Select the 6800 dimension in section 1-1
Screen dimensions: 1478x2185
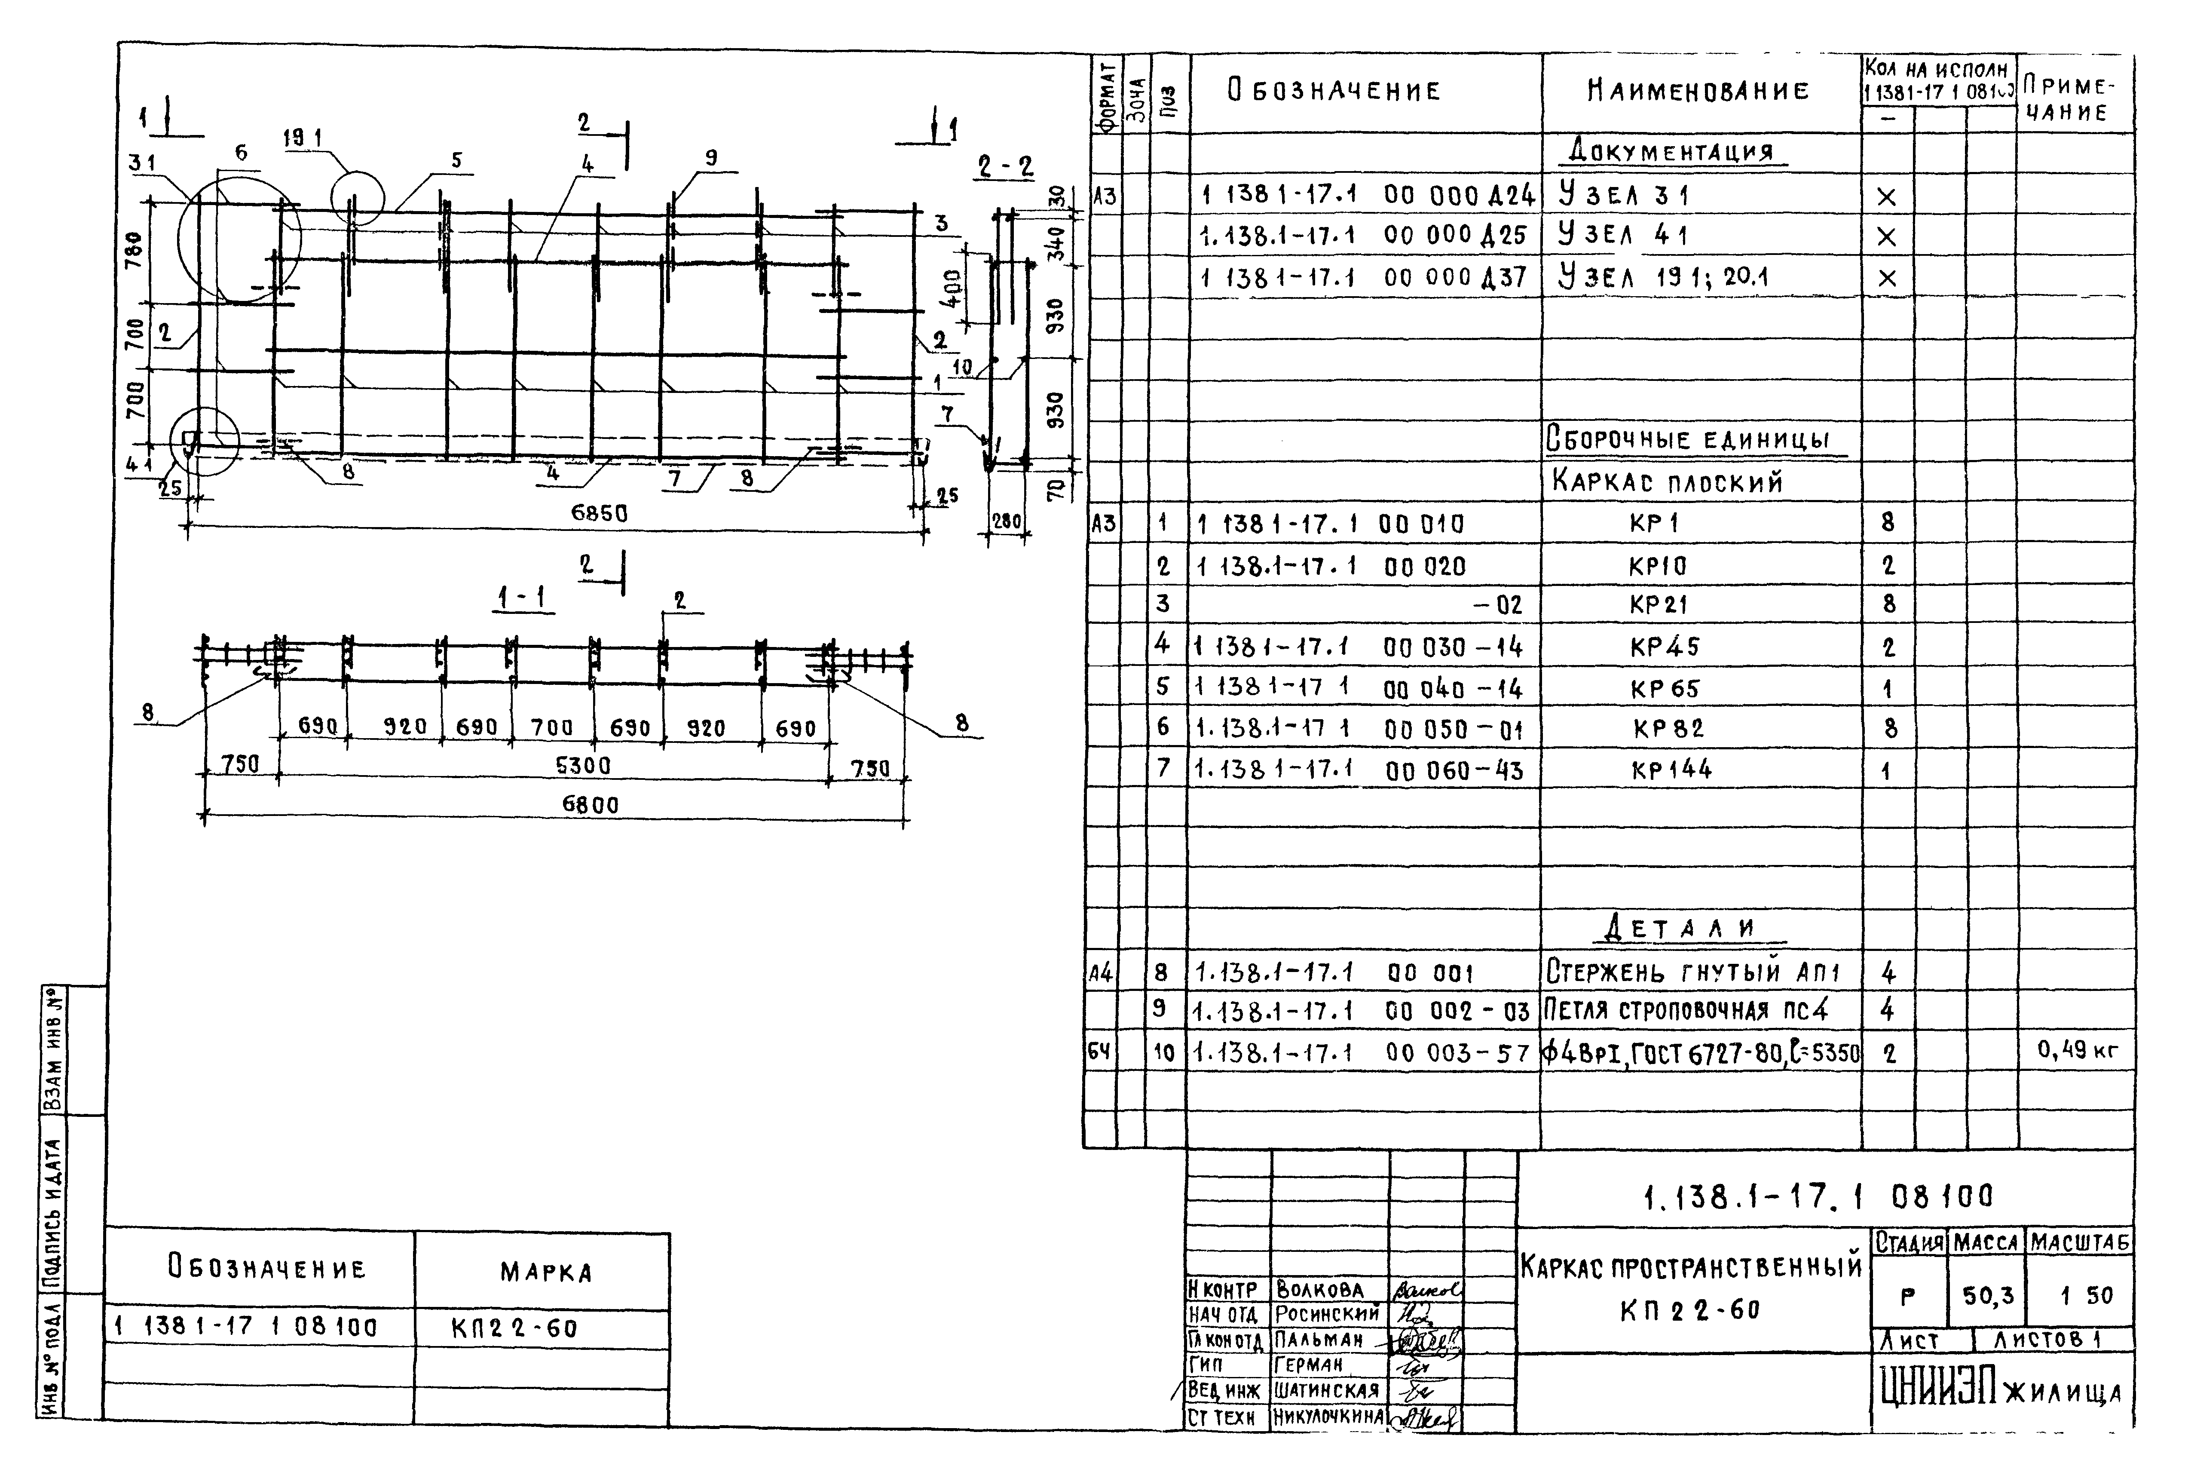tap(591, 805)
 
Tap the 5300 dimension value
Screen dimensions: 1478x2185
tap(583, 765)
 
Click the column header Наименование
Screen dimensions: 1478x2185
tap(1698, 91)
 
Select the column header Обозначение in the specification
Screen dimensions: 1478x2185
tap(1333, 91)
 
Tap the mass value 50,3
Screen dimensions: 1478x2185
tap(1988, 1296)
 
